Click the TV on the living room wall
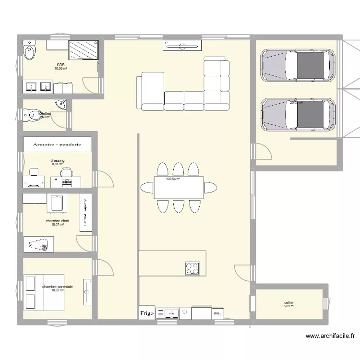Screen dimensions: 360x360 [x=182, y=46]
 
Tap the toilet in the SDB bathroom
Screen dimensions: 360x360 [x=30, y=50]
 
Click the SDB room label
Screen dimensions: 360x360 [x=60, y=65]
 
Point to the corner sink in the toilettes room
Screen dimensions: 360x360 [x=61, y=104]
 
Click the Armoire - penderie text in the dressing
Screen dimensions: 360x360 [x=57, y=144]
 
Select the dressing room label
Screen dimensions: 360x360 [x=57, y=161]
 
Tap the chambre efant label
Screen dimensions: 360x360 [x=57, y=221]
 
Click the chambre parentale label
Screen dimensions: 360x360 [x=57, y=287]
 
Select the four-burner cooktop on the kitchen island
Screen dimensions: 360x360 [x=192, y=268]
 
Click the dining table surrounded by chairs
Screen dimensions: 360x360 [x=178, y=188]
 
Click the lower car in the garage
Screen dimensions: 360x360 [x=297, y=115]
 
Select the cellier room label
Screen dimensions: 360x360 [x=288, y=303]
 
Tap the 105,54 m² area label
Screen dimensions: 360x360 [x=173, y=179]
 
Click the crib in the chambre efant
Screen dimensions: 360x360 [x=56, y=203]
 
